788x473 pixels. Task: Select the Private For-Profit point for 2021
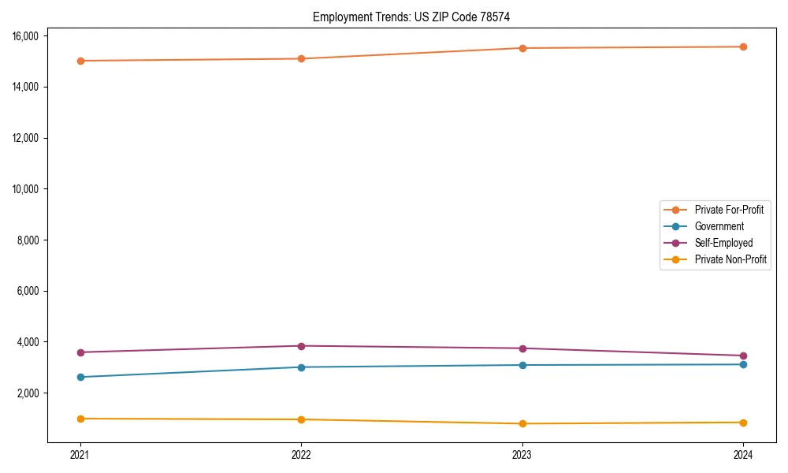(80, 61)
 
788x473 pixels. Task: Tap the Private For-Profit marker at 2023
(522, 48)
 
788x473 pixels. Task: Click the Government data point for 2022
(301, 367)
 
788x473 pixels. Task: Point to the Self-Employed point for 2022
(301, 346)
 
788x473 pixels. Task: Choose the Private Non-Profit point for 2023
(522, 424)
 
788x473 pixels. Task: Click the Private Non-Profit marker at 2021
(80, 419)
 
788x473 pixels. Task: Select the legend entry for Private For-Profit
(729, 210)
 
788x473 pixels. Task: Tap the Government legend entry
(719, 226)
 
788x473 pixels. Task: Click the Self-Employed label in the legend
(723, 243)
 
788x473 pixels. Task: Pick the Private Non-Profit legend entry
(730, 259)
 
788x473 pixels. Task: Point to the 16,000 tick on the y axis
(27, 36)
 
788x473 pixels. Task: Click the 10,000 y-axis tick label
(27, 189)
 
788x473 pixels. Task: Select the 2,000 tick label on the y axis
(29, 393)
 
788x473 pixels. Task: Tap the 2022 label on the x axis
(301, 454)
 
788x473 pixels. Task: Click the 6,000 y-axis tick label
(29, 292)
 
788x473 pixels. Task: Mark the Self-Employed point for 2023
(522, 348)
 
